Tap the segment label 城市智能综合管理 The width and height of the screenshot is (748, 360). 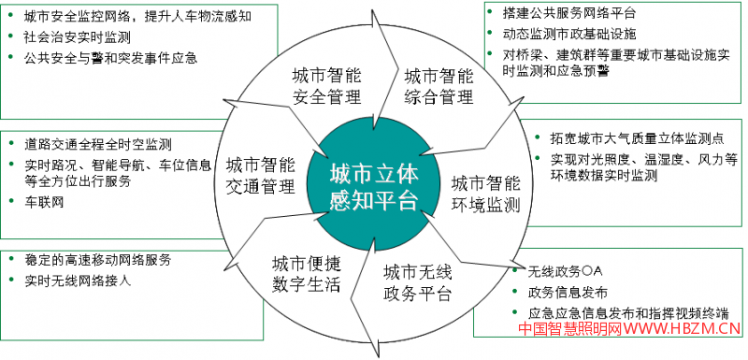439,84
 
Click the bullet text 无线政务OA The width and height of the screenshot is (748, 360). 559,272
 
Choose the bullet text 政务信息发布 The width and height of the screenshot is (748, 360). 568,293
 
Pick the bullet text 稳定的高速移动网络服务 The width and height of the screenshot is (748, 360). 98,258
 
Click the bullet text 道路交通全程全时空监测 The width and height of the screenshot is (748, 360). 98,145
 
